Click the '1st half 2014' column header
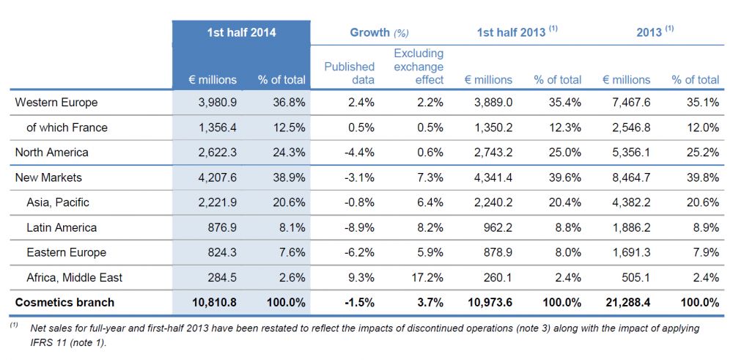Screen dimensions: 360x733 241,33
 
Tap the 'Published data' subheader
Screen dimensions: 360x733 350,73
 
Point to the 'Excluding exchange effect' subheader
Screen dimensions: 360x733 419,67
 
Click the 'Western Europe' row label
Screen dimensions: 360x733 56,103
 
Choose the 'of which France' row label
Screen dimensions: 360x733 67,128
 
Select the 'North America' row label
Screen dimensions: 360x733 52,153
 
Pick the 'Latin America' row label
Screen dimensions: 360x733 62,227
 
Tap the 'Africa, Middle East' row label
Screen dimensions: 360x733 74,277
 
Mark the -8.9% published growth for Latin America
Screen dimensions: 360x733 359,227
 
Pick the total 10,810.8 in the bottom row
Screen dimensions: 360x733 213,302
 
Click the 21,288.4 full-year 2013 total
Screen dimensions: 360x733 626,302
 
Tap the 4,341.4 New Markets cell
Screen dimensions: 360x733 491,177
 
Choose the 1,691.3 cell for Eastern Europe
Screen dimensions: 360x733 629,252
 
